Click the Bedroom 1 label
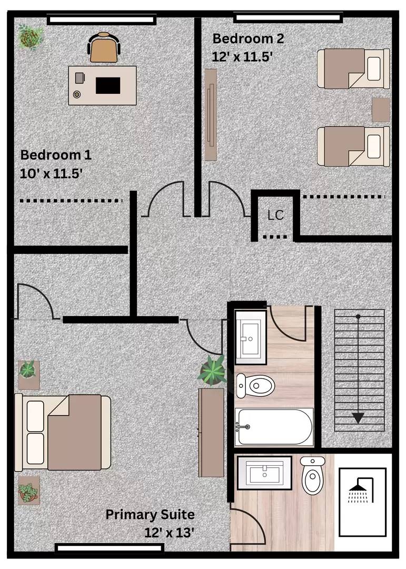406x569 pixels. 56,155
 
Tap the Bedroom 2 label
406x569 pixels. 248,38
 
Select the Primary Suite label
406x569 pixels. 150,515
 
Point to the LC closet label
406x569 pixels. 275,215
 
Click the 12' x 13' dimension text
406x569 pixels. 170,533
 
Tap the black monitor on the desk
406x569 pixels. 108,85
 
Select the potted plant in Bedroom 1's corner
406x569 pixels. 31,37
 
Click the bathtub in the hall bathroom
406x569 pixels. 274,427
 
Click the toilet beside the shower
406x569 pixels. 312,476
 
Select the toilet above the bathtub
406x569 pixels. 255,385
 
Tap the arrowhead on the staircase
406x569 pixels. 358,418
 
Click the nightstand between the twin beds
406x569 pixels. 381,110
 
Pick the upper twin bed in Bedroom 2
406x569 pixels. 353,68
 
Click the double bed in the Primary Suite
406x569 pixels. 63,433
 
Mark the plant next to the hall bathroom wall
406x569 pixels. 212,370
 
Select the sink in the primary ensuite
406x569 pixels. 264,473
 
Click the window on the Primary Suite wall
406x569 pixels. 109,547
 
